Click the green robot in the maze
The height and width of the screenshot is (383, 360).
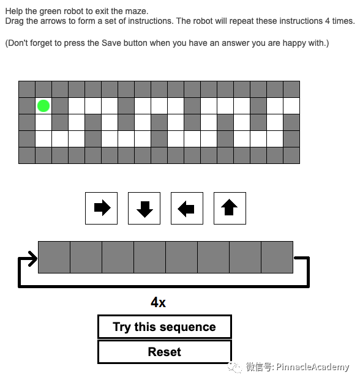tap(43, 106)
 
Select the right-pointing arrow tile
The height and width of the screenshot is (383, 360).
tap(101, 208)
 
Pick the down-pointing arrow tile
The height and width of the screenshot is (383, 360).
tap(144, 208)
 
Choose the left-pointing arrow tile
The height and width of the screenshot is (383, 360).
tap(187, 208)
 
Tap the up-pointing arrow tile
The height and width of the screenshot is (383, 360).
tap(230, 208)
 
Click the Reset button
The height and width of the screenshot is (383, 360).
tap(165, 352)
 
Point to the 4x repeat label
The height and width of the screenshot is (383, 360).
tap(158, 302)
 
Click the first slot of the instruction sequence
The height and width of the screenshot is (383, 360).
tap(54, 257)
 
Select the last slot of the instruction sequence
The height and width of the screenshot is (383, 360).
tap(277, 257)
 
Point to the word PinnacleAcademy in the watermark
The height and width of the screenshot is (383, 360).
tap(313, 366)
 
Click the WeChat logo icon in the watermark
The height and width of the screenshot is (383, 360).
tap(234, 367)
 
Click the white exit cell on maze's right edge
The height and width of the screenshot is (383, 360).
tap(291, 106)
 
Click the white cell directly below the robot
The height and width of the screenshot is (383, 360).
tap(43, 122)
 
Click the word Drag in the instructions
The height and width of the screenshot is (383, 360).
tap(15, 21)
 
